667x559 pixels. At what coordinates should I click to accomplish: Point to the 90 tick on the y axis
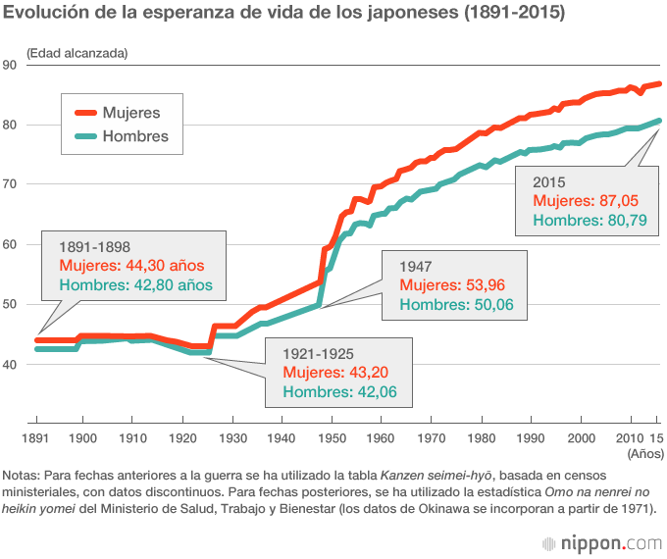[11, 65]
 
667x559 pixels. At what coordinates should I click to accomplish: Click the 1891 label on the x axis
[35, 436]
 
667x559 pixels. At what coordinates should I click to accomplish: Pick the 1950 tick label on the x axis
[333, 436]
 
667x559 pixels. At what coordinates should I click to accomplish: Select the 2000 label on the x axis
[581, 436]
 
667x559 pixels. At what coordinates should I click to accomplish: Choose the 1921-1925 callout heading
[318, 353]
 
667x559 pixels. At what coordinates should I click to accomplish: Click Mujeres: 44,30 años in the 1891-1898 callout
[130, 266]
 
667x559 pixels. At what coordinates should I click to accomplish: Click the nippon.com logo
[601, 541]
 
